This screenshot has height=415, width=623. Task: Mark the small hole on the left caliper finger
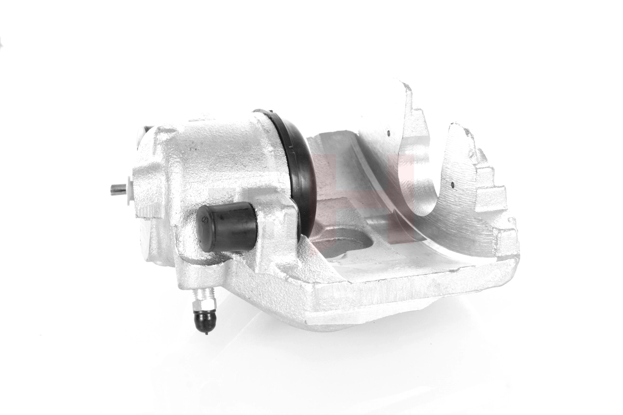coord(388,134)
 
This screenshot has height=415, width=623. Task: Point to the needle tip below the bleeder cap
coord(207,333)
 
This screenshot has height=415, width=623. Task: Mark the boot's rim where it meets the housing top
coord(265,113)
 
